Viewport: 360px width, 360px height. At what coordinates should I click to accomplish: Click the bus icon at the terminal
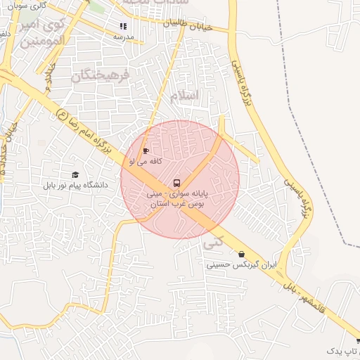pos(176,183)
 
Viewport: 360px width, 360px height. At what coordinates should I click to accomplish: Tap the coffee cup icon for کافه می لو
pos(146,150)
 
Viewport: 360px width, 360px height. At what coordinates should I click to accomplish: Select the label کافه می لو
pos(146,161)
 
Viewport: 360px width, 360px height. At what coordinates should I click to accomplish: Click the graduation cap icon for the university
pos(75,175)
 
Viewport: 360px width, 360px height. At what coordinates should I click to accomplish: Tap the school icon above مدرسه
pos(124,27)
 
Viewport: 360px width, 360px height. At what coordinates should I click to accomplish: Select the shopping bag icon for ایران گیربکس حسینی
pos(242,255)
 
